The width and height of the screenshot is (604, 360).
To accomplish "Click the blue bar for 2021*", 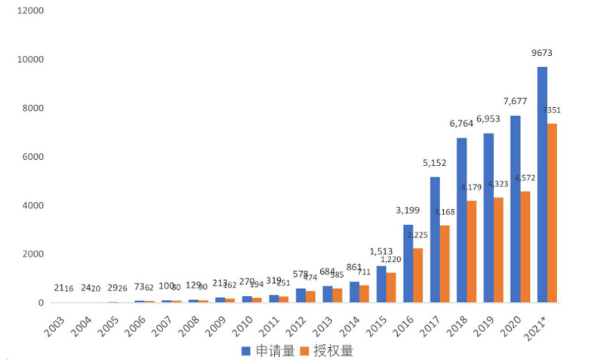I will [542, 185].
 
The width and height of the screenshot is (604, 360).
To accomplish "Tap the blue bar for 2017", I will [435, 240].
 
